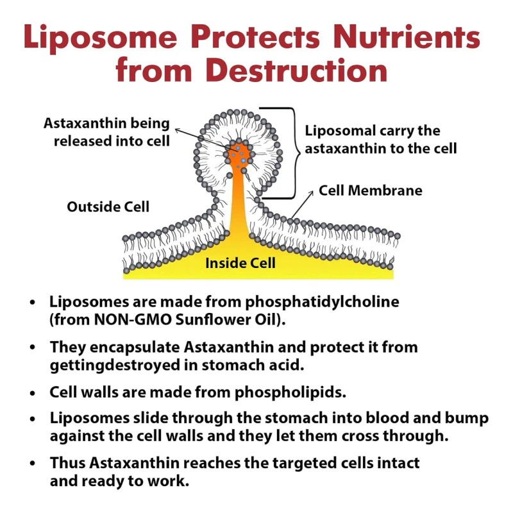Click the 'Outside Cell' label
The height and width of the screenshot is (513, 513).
[108, 207]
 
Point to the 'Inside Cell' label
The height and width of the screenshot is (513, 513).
[240, 263]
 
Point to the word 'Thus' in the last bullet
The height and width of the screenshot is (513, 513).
[67, 464]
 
